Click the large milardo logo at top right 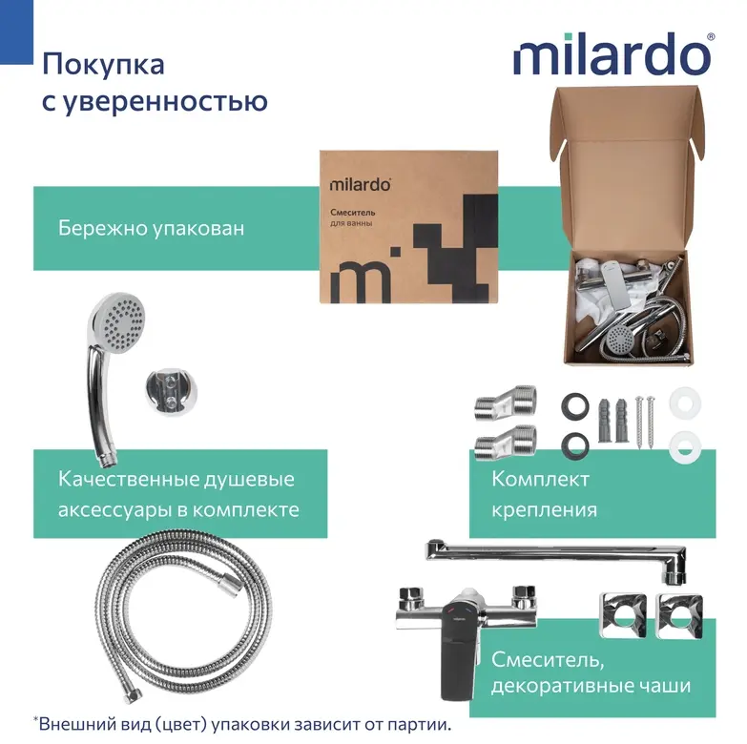click(613, 53)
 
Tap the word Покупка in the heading click(103, 65)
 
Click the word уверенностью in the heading click(165, 102)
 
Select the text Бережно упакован click(151, 228)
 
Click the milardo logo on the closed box click(361, 184)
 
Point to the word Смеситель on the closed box click(353, 213)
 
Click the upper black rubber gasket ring click(575, 406)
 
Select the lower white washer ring click(685, 444)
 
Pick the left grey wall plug click(604, 421)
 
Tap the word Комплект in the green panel click(540, 479)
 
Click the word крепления click(544, 510)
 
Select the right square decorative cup click(679, 615)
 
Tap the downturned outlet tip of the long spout click(675, 576)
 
